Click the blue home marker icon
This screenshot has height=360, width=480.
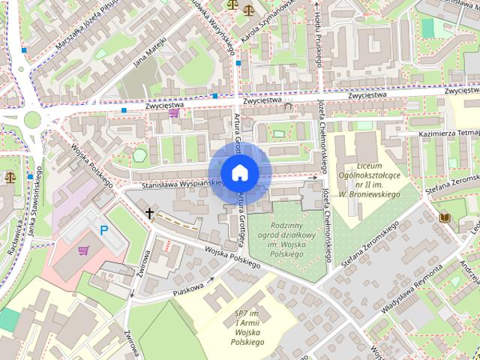(239, 172)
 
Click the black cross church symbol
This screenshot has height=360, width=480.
(149, 214)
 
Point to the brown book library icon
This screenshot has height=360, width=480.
(444, 217)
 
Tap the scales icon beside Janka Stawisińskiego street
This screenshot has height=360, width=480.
(10, 177)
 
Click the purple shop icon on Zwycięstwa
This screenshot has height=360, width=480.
(174, 114)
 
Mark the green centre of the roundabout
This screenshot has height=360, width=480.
(31, 118)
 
